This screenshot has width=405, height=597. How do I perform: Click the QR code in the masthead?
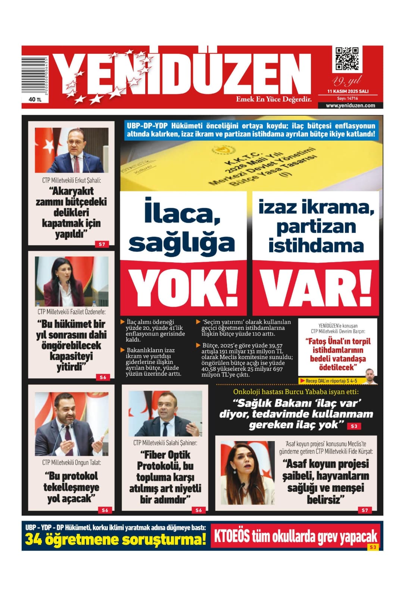coord(347,59)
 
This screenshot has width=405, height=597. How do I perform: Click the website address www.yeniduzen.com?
coord(350,106)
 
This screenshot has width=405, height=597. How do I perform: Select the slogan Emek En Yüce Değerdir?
coord(274,99)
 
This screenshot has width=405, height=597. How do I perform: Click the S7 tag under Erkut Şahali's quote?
coord(102,244)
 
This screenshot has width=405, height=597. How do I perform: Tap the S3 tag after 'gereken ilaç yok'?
coord(354,426)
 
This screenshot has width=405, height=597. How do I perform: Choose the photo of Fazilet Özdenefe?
coord(72,281)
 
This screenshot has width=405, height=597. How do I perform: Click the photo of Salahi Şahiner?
coord(165,413)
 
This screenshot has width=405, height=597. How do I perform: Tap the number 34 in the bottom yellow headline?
coord(34,540)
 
